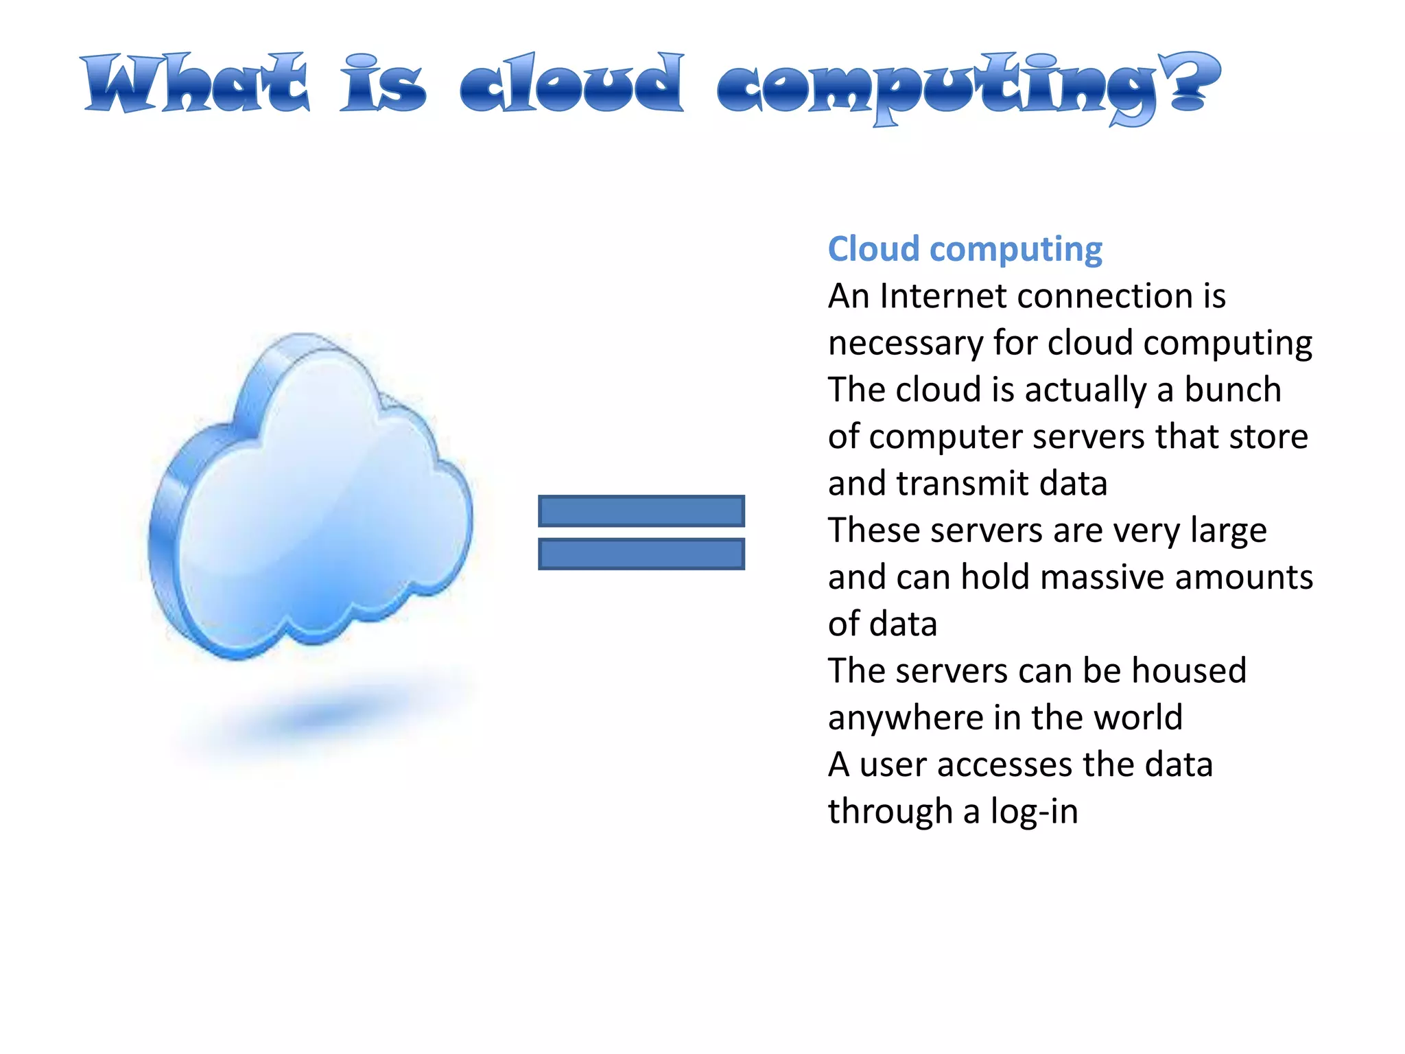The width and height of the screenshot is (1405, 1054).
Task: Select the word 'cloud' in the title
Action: [x=572, y=83]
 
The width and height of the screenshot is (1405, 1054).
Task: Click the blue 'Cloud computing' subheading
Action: [x=965, y=248]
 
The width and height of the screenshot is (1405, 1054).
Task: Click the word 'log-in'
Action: [x=1034, y=812]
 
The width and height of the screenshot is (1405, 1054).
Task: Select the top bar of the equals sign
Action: [x=641, y=511]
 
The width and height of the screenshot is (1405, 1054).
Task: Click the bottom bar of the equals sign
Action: [x=641, y=554]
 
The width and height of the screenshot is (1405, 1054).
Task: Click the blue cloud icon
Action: [x=309, y=501]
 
